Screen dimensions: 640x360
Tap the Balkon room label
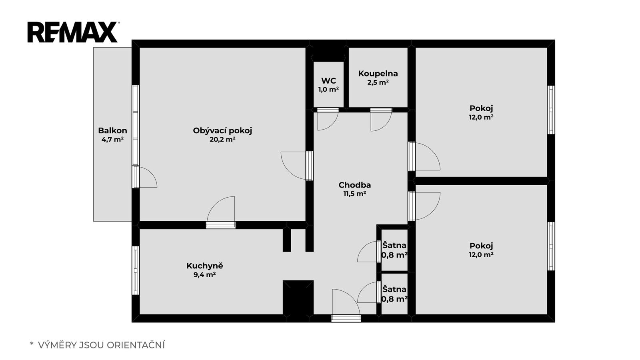click(112, 130)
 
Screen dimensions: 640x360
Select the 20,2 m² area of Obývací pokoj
click(222, 140)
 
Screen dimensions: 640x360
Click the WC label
click(328, 80)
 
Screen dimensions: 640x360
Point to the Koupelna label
click(378, 74)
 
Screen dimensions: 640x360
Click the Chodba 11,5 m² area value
click(354, 194)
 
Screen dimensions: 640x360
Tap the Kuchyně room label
click(205, 266)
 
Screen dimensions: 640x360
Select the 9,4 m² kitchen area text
click(204, 275)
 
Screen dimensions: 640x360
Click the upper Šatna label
click(394, 246)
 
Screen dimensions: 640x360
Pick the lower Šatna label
click(394, 290)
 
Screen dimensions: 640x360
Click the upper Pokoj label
click(482, 108)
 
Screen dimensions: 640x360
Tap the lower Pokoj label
click(482, 246)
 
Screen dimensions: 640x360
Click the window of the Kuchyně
click(136, 270)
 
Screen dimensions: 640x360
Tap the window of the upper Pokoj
click(551, 110)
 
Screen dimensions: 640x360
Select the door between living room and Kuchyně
click(221, 225)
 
